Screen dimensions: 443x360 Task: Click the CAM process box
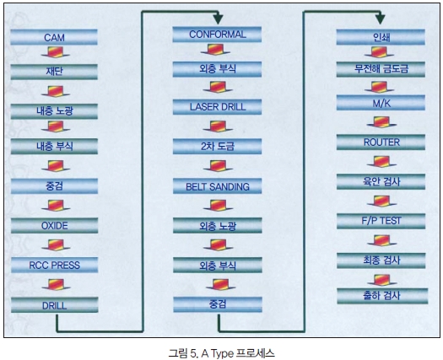coord(54,37)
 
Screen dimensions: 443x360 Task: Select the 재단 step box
coord(54,72)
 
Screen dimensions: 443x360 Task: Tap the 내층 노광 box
coord(54,111)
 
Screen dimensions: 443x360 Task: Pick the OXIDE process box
coord(55,225)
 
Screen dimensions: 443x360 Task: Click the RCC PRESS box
coord(55,265)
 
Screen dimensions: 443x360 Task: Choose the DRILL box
coord(55,304)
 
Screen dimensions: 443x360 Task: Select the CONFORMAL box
coord(217,35)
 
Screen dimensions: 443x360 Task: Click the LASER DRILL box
coord(217,107)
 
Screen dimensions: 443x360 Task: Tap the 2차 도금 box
coord(217,146)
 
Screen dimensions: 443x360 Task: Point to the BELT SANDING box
coord(217,186)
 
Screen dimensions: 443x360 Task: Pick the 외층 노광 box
coord(218,225)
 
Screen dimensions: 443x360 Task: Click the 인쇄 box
coord(381,37)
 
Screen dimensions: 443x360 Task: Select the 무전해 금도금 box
coord(381,69)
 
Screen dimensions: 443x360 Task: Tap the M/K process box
coord(381,103)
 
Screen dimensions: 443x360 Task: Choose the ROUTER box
coord(381,142)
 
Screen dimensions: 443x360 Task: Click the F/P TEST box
coord(381,221)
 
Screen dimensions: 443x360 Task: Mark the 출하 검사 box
coord(382,296)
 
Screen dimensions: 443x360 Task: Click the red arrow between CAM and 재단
coord(56,52)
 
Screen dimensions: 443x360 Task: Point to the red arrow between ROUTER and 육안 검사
coord(381,162)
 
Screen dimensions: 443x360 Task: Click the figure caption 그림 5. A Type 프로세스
coord(221,353)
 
